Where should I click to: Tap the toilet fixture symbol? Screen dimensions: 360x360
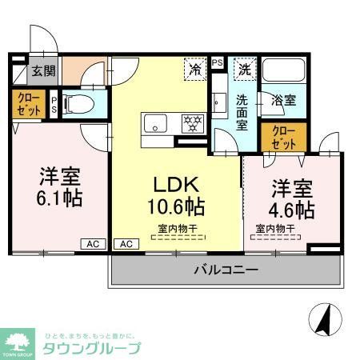74,104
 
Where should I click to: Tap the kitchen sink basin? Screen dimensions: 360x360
154,123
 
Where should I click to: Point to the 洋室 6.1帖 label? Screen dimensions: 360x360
58,186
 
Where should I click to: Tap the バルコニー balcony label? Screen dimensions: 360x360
226,270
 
